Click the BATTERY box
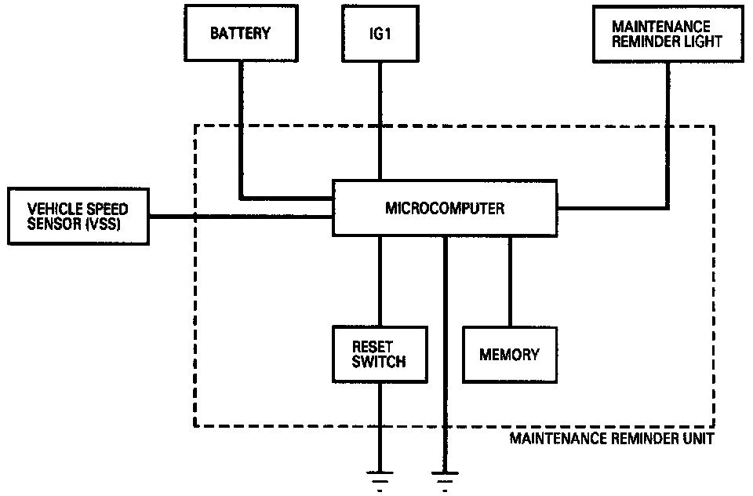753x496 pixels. point(239,34)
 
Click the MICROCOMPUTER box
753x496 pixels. point(445,208)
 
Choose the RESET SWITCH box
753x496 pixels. point(379,353)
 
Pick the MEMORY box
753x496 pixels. point(509,354)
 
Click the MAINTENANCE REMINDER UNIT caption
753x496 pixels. point(611,439)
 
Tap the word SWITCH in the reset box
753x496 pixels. point(379,361)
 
